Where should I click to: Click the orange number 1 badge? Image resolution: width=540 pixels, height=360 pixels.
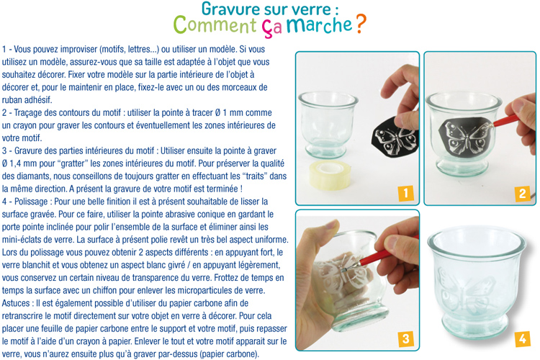pos(405,193)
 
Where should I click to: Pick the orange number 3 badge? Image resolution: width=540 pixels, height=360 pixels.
pos(405,338)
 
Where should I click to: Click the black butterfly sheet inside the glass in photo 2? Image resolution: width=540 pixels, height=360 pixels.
pos(468,138)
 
